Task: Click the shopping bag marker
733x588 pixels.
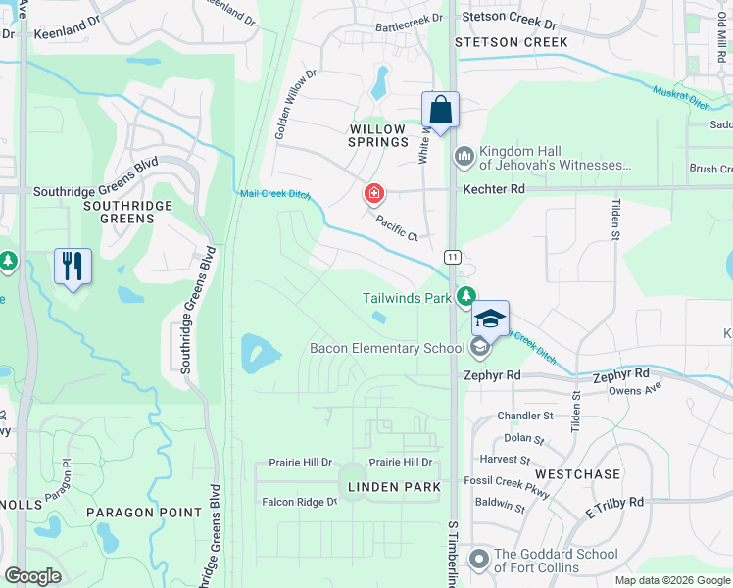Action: coord(441,110)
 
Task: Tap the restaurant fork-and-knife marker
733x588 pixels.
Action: coord(73,266)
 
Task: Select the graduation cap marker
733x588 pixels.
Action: coord(491,318)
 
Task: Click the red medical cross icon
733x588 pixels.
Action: coord(373,194)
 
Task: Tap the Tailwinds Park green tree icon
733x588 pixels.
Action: coord(468,295)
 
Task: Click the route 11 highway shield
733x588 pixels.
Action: coord(452,256)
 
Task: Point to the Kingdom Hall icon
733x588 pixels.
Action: coord(464,156)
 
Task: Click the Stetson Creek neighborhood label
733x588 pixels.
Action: coord(512,42)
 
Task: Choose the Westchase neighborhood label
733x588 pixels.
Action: coord(577,473)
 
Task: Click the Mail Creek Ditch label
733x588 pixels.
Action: coord(275,194)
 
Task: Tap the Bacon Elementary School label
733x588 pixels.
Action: coord(387,348)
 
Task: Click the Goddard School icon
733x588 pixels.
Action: coord(478,560)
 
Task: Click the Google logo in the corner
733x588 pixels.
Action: coord(32,575)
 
